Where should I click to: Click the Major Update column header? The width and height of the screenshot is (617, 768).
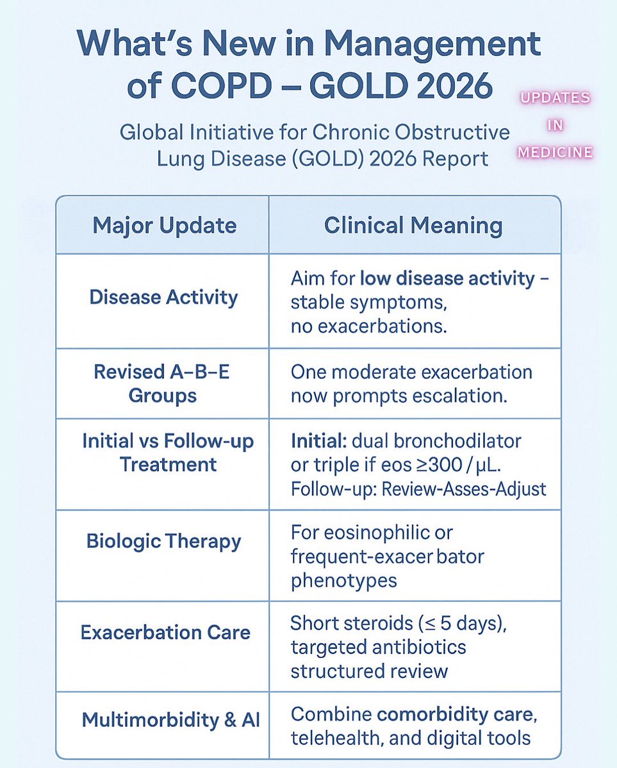[164, 225]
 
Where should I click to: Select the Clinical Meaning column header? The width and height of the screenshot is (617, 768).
[413, 225]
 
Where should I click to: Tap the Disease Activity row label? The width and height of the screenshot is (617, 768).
[163, 298]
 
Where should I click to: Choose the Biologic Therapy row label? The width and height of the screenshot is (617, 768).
[164, 541]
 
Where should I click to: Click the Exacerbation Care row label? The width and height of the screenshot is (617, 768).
[165, 632]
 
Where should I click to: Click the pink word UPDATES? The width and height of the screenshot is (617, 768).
[555, 99]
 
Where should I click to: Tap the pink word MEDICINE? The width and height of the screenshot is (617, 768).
[555, 152]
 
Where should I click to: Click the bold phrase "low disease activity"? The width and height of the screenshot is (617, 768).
[446, 279]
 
